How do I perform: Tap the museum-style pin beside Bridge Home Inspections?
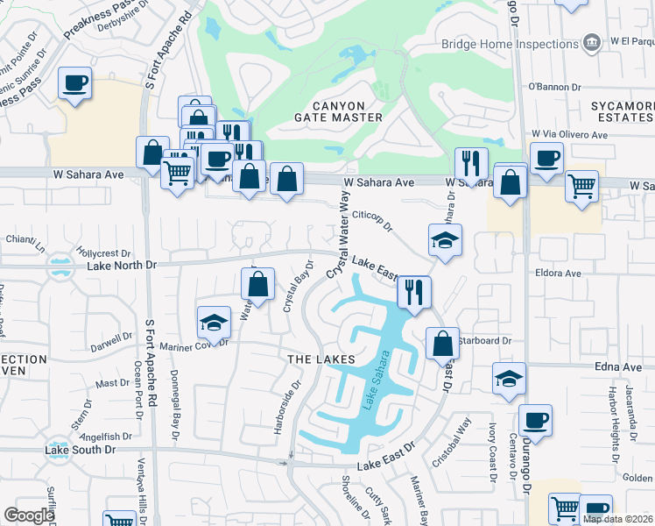[592, 42]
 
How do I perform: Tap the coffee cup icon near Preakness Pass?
[74, 84]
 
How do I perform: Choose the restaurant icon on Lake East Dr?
[413, 291]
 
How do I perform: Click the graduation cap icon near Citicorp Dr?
[445, 239]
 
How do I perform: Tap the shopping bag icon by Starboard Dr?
[442, 343]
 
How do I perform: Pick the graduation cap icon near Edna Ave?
[509, 378]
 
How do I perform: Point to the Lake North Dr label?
[127, 264]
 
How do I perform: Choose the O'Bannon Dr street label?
[554, 87]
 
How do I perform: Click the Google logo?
[29, 515]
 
